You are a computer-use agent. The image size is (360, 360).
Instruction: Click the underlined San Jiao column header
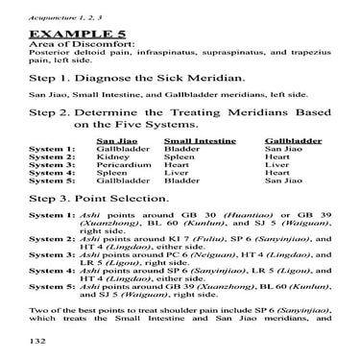coord(112,140)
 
